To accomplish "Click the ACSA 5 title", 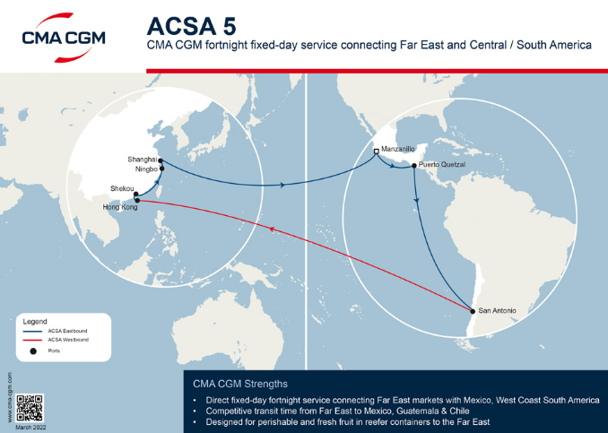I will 185,24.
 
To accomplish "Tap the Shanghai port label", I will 143,160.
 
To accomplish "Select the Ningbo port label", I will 146,169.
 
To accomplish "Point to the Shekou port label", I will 120,188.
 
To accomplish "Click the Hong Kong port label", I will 119,207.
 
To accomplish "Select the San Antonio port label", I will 498,311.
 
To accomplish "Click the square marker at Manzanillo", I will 377,152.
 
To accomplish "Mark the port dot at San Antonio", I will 473,311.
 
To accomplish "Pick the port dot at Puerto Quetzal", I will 413,165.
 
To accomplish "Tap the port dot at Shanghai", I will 161,160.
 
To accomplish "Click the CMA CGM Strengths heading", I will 246,383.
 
